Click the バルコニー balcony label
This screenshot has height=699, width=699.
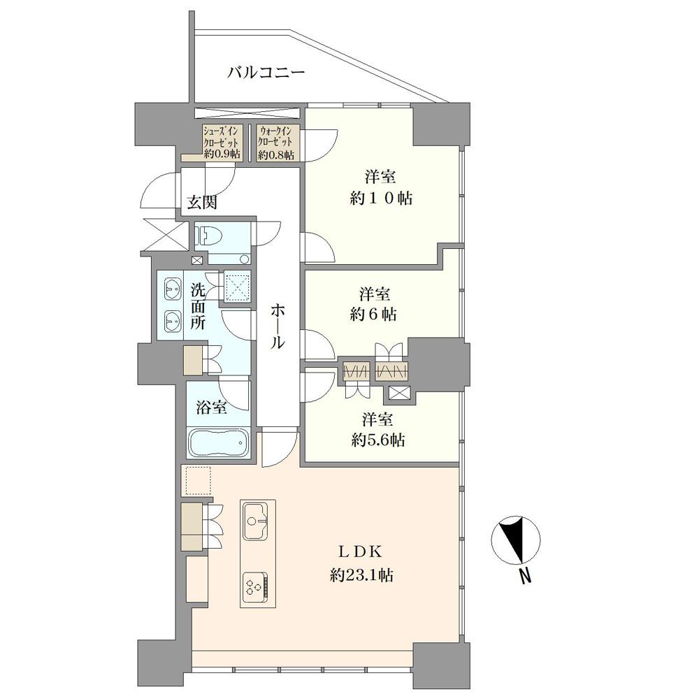click(x=266, y=72)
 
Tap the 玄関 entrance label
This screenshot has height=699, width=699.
click(x=201, y=203)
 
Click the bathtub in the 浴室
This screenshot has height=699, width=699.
click(x=219, y=442)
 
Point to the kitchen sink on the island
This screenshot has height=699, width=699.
click(x=256, y=521)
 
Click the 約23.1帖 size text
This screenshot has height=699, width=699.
click(x=361, y=575)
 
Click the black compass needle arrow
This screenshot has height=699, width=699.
click(x=513, y=537)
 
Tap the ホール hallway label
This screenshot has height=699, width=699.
click(x=278, y=326)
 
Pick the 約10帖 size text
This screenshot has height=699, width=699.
click(x=381, y=198)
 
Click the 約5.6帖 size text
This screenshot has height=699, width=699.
click(x=378, y=440)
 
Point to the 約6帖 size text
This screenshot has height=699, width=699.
click(x=373, y=315)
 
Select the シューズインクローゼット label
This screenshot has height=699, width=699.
click(x=222, y=143)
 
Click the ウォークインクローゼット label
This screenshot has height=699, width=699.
click(x=276, y=143)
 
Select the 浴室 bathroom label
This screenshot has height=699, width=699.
click(x=211, y=407)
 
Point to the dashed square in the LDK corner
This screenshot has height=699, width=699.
click(x=198, y=481)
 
